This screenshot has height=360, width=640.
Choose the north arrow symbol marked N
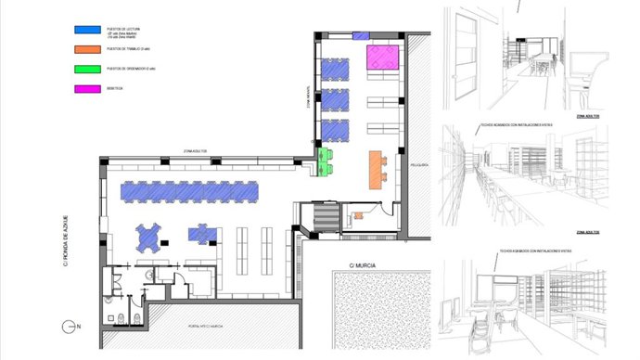click(x=69, y=327)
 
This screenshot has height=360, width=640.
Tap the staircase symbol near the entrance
click(x=324, y=218)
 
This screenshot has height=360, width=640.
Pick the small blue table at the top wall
click(x=360, y=35)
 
